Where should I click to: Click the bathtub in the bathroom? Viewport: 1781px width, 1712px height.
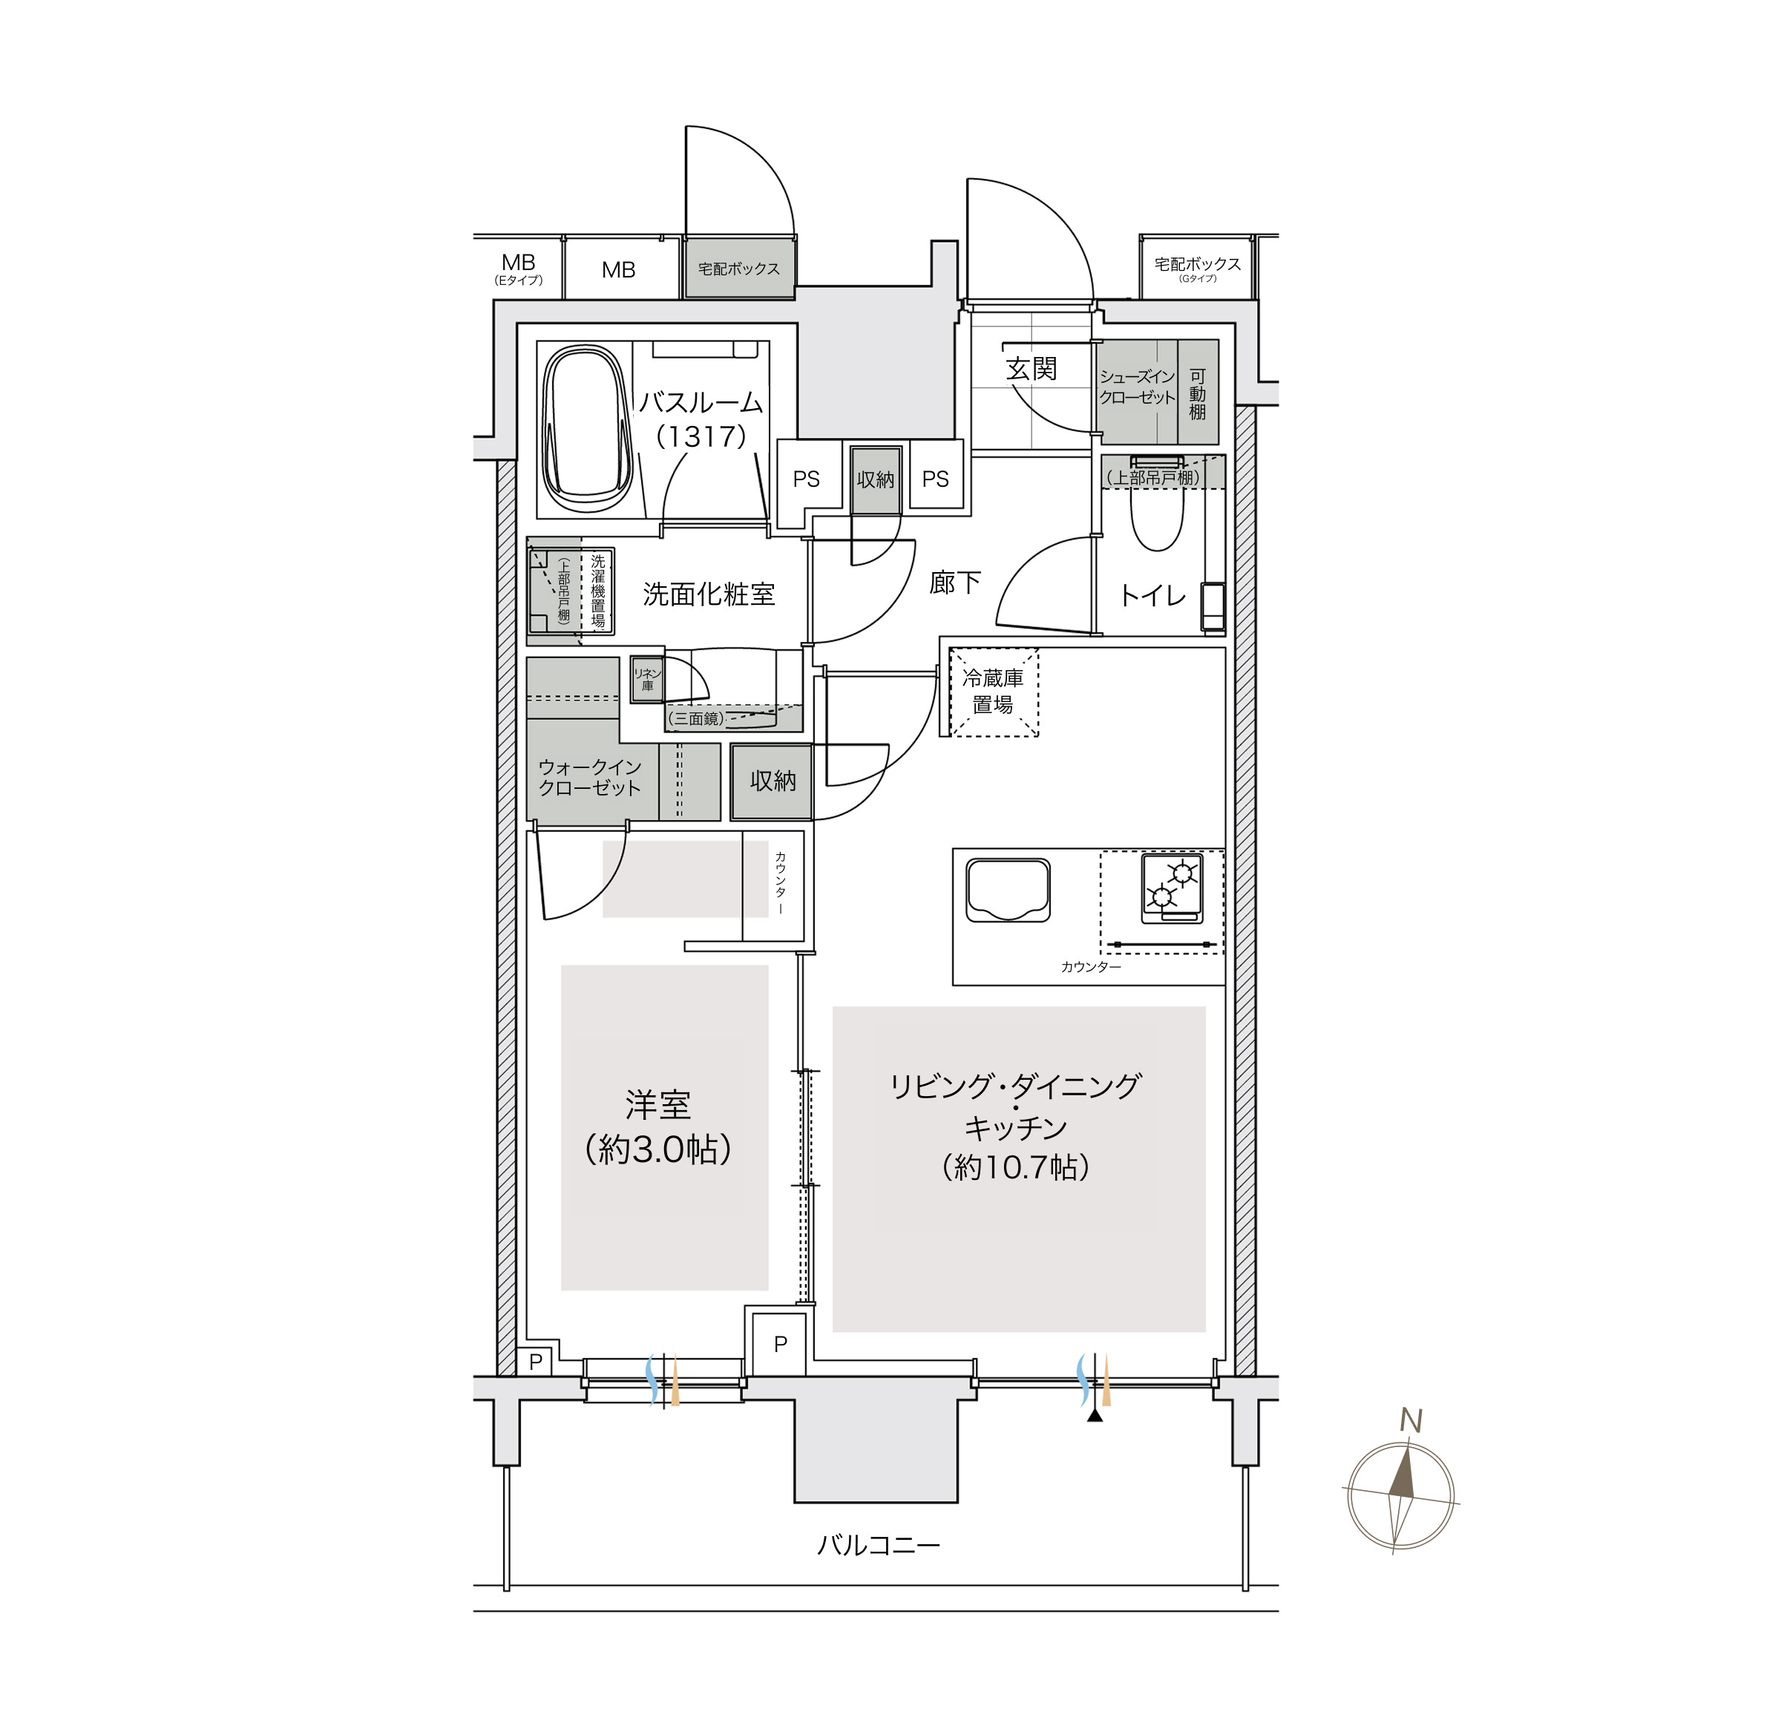click(x=587, y=429)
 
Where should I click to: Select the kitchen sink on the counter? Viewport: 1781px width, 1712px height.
click(x=1008, y=890)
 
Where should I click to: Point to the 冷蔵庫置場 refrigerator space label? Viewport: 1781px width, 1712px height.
click(x=992, y=691)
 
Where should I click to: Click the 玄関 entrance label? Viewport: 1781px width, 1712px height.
click(x=1031, y=368)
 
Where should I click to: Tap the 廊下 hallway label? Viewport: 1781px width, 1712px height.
click(x=955, y=583)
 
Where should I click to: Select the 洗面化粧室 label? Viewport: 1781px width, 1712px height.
click(x=709, y=594)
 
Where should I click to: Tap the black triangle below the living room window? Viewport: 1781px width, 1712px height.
click(x=1095, y=1415)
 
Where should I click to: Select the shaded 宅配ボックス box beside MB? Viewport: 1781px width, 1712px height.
click(x=739, y=268)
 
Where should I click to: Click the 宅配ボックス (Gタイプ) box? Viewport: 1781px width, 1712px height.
click(x=1198, y=267)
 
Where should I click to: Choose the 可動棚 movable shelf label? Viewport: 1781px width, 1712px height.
click(x=1198, y=393)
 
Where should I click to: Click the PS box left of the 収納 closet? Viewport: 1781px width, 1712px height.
click(x=805, y=480)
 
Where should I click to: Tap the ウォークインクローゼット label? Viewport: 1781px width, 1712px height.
click(x=590, y=778)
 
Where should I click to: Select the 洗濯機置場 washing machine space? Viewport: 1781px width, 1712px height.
click(x=597, y=591)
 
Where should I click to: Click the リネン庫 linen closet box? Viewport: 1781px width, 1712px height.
click(x=647, y=680)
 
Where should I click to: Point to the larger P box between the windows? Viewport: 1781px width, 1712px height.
click(x=780, y=1344)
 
